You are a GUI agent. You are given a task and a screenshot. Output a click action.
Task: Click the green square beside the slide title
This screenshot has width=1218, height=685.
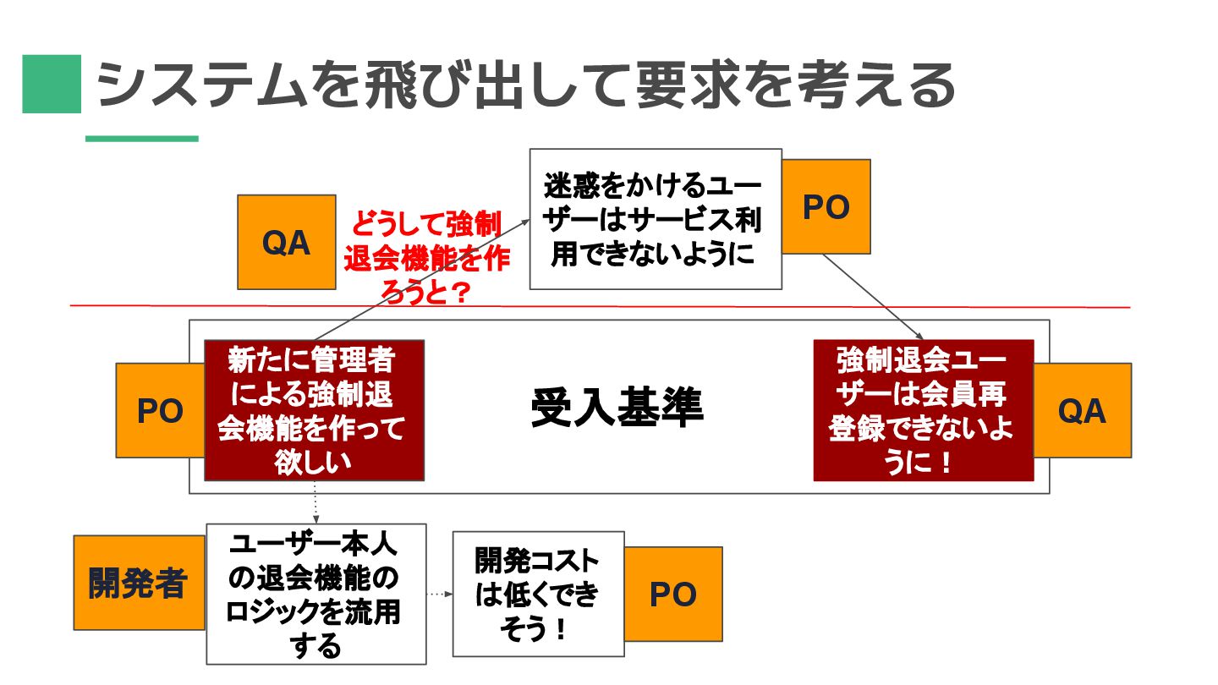(x=52, y=84)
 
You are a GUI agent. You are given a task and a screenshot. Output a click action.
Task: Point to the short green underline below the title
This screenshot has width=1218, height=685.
(x=142, y=139)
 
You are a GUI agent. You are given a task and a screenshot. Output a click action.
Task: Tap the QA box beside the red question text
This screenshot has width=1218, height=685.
(x=286, y=243)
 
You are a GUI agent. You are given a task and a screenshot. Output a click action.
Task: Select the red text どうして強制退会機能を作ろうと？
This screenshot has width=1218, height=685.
(x=426, y=259)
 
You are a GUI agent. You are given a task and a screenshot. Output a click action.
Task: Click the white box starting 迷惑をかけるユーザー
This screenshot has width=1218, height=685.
(x=655, y=219)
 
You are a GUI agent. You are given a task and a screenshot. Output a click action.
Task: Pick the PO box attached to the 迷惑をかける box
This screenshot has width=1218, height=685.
(x=826, y=207)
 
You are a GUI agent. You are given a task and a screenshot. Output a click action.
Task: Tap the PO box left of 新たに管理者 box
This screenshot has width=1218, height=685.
(x=160, y=411)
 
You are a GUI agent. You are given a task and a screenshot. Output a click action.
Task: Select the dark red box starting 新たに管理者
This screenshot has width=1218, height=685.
(x=314, y=411)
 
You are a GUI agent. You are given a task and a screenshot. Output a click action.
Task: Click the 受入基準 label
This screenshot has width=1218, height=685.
(x=617, y=408)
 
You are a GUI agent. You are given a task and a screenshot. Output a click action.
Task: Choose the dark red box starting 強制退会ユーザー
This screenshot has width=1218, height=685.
(x=923, y=410)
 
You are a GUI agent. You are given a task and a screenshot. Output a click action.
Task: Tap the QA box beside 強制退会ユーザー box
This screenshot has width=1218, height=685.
(x=1083, y=411)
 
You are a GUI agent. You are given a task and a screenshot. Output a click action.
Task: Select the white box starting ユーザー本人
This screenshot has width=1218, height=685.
(x=315, y=594)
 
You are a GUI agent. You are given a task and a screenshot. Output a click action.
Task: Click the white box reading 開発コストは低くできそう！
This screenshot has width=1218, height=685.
(x=538, y=594)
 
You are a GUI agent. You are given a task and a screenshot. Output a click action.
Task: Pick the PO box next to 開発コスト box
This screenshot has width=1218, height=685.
(x=673, y=594)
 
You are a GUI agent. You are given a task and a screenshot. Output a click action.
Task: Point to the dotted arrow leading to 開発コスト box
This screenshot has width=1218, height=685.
(x=439, y=594)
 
